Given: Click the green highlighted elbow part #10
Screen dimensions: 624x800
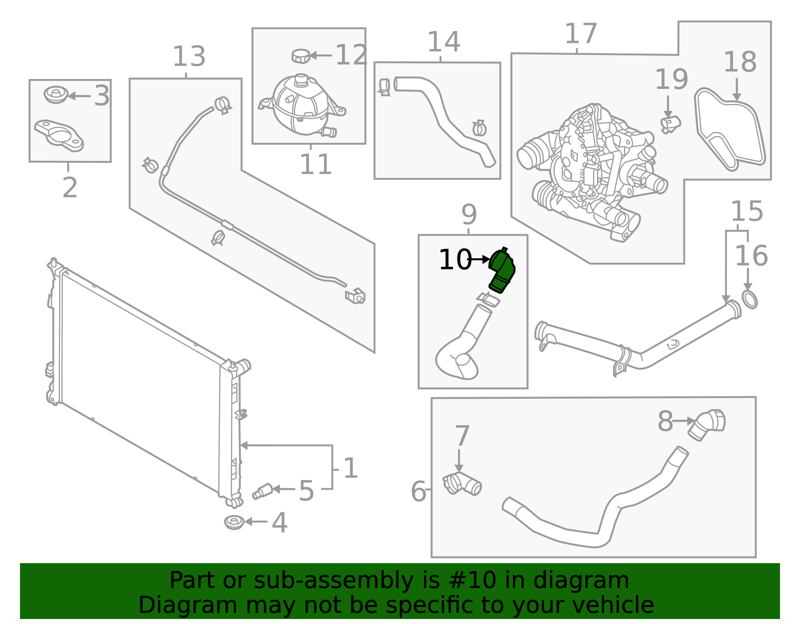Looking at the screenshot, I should (502, 271).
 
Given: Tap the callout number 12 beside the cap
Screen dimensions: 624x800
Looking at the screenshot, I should (351, 55).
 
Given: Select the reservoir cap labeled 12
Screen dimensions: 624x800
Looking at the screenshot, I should (301, 56).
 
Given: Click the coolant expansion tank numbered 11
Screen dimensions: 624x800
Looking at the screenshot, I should (300, 106).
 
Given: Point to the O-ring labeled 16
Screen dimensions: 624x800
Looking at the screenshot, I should (749, 300).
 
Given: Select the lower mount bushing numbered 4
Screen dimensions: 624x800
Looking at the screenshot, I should (234, 523).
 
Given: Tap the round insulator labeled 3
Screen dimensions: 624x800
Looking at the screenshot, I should (56, 94).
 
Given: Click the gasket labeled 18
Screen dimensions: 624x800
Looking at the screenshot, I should (730, 127).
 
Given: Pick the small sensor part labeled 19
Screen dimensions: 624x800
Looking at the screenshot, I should (670, 123).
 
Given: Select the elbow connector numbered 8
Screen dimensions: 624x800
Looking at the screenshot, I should (706, 424).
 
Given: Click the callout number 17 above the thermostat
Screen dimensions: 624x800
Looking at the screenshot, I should (580, 34).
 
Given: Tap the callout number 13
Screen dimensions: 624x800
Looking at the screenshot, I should (188, 56).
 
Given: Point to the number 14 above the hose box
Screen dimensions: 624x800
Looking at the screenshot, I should (443, 41).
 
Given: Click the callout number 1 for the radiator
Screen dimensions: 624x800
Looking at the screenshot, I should (350, 468).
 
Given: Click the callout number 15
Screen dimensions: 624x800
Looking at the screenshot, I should (746, 211).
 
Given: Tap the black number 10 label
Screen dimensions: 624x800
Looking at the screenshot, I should (454, 260).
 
